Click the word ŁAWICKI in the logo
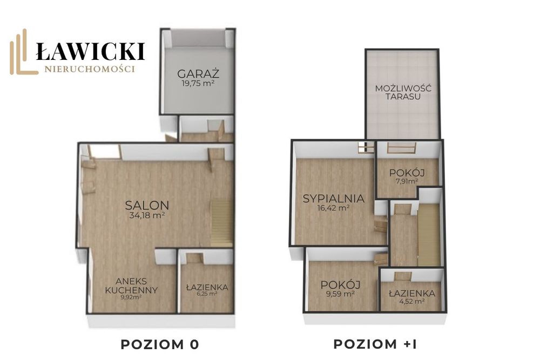[x=90, y=51]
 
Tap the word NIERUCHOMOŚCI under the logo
[x=90, y=69]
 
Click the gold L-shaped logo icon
[x=23, y=52]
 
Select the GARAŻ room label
[x=198, y=73]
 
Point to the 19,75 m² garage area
[x=198, y=83]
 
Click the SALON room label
[x=147, y=206]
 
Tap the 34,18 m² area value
[x=147, y=215]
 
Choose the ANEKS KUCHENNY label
[x=132, y=286]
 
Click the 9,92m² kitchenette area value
[x=131, y=297]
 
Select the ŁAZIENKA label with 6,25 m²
[x=207, y=287]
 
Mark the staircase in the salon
[x=222, y=223]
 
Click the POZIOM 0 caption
[x=160, y=344]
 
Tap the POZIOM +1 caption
[x=375, y=344]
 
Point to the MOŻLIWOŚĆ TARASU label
[x=403, y=92]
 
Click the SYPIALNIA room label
[x=333, y=199]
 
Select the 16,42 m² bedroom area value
[x=333, y=208]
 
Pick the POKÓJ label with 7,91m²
[x=407, y=173]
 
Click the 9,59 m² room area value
[x=341, y=294]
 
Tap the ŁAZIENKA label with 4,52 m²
[x=412, y=294]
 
